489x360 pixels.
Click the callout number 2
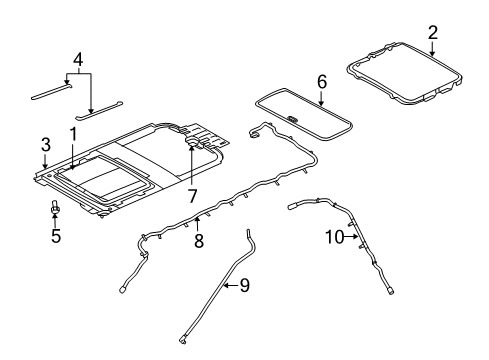tap(432, 34)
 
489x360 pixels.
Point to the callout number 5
tap(56, 236)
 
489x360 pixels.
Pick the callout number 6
tap(321, 81)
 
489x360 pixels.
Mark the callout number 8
tap(199, 240)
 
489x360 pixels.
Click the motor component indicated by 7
tap(191, 145)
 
